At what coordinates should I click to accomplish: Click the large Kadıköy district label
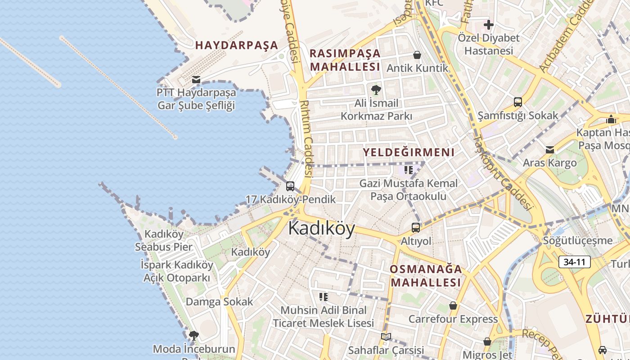click(x=321, y=228)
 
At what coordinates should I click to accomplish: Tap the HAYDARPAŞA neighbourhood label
click(x=237, y=45)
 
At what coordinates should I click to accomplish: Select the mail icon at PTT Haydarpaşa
click(x=196, y=80)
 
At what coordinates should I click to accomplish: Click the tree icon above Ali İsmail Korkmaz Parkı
click(x=376, y=90)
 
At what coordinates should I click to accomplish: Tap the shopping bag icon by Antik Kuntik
click(x=417, y=55)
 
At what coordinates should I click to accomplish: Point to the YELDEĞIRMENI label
click(x=409, y=152)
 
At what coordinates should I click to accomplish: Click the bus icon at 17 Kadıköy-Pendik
click(x=290, y=186)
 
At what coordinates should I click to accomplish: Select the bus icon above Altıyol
click(x=416, y=228)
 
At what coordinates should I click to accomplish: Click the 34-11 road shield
click(x=574, y=262)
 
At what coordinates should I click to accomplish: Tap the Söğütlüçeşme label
click(x=578, y=240)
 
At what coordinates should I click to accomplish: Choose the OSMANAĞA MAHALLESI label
click(x=426, y=276)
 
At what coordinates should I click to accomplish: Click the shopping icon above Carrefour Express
click(x=453, y=306)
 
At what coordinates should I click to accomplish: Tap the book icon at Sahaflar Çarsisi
click(x=386, y=337)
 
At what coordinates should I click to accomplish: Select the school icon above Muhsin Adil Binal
click(x=324, y=297)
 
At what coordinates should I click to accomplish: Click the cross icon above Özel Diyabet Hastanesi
click(x=488, y=25)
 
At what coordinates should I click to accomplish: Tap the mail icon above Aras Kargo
click(x=549, y=150)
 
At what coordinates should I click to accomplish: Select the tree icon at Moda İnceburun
click(x=194, y=336)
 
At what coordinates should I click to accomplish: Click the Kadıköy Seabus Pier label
click(x=164, y=240)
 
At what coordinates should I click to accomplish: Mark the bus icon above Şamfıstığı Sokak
click(x=518, y=102)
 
